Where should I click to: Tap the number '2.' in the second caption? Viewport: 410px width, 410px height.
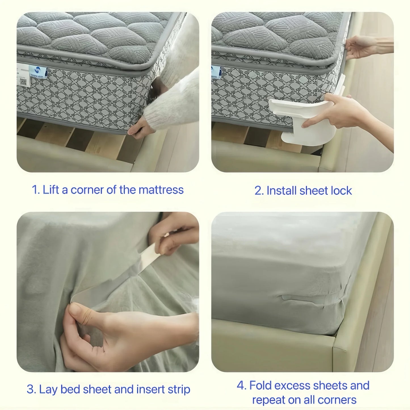coord(259,191)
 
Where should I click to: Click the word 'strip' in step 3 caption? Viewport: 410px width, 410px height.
coord(179,389)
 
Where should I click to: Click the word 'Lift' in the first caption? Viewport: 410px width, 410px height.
coord(51,190)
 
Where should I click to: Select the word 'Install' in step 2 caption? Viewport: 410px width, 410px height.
coord(281,191)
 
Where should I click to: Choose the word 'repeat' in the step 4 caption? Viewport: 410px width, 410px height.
coord(267,400)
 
